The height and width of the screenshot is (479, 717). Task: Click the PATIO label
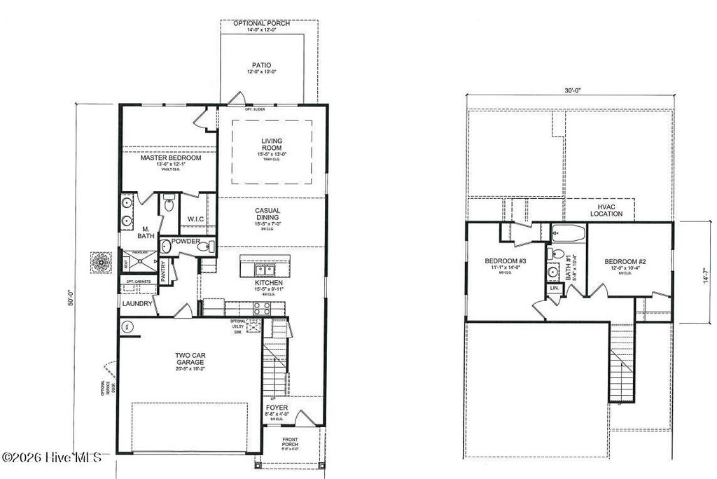pyautogui.click(x=262, y=65)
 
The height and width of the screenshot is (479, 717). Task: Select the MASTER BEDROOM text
pyautogui.click(x=170, y=158)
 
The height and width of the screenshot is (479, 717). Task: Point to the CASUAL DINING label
pyautogui.click(x=267, y=214)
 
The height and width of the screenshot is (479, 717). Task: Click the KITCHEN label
pyautogui.click(x=268, y=282)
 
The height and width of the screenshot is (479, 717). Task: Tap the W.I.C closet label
pyautogui.click(x=195, y=219)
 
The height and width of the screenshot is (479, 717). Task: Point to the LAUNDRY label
pyautogui.click(x=137, y=304)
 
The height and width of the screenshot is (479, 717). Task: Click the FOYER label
pyautogui.click(x=277, y=407)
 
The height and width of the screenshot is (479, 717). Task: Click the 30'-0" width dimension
pyautogui.click(x=571, y=90)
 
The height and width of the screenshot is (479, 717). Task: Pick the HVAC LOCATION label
pyautogui.click(x=606, y=210)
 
